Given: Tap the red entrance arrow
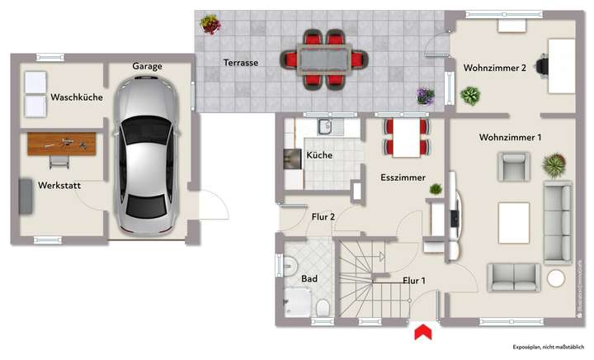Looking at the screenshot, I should pyautogui.click(x=422, y=332).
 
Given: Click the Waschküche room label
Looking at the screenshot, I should pyautogui.click(x=76, y=97).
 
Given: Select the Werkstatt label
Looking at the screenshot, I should pyautogui.click(x=59, y=186).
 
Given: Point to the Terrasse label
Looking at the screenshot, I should pyautogui.click(x=241, y=62).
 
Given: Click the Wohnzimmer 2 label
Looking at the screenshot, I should pyautogui.click(x=495, y=68).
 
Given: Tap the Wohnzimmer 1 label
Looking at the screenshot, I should pyautogui.click(x=510, y=137).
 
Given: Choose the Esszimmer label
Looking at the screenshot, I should pyautogui.click(x=403, y=178).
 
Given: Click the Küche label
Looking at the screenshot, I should pyautogui.click(x=319, y=155).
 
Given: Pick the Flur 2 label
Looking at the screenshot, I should pyautogui.click(x=322, y=217).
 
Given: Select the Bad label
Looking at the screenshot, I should pyautogui.click(x=309, y=279).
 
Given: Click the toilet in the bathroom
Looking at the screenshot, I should pyautogui.click(x=323, y=309).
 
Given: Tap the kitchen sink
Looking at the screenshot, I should pyautogui.click(x=324, y=127).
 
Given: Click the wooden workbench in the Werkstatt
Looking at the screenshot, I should pyautogui.click(x=61, y=144).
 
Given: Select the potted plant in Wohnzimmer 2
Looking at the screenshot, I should pyautogui.click(x=470, y=96).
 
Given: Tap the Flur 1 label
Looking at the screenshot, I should pyautogui.click(x=413, y=280).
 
